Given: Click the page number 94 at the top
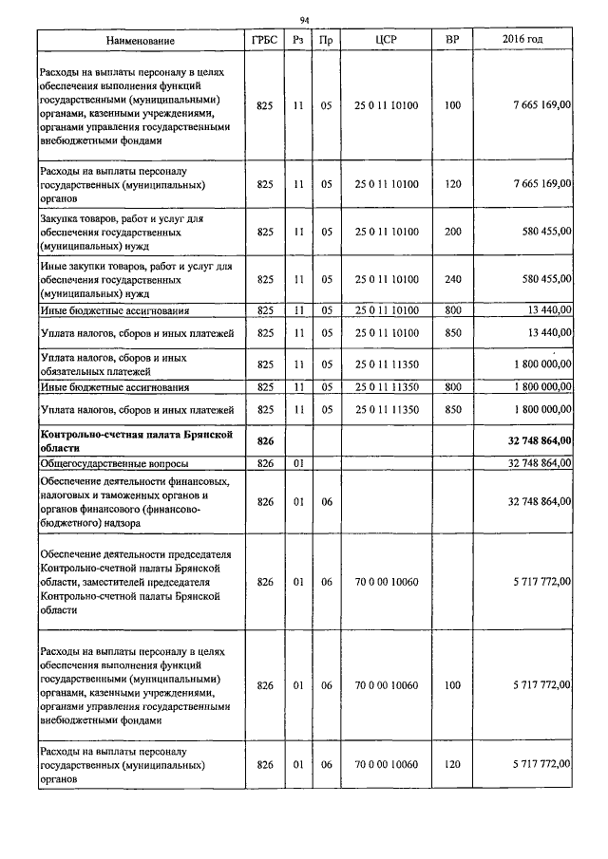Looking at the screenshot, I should coord(304,20).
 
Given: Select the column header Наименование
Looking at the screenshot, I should coord(141,41).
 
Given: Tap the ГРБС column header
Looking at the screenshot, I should coord(265,41).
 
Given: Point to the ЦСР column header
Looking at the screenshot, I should coord(386,41).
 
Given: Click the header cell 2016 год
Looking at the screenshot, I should coord(522,41).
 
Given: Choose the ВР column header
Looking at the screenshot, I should coord(451,41).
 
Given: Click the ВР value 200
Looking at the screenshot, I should coord(451,231).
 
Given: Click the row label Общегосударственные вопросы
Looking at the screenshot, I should coord(113,464).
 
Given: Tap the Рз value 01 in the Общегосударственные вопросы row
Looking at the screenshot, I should coord(297,464).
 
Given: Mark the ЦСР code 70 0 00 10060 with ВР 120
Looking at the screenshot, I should coord(386,764).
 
